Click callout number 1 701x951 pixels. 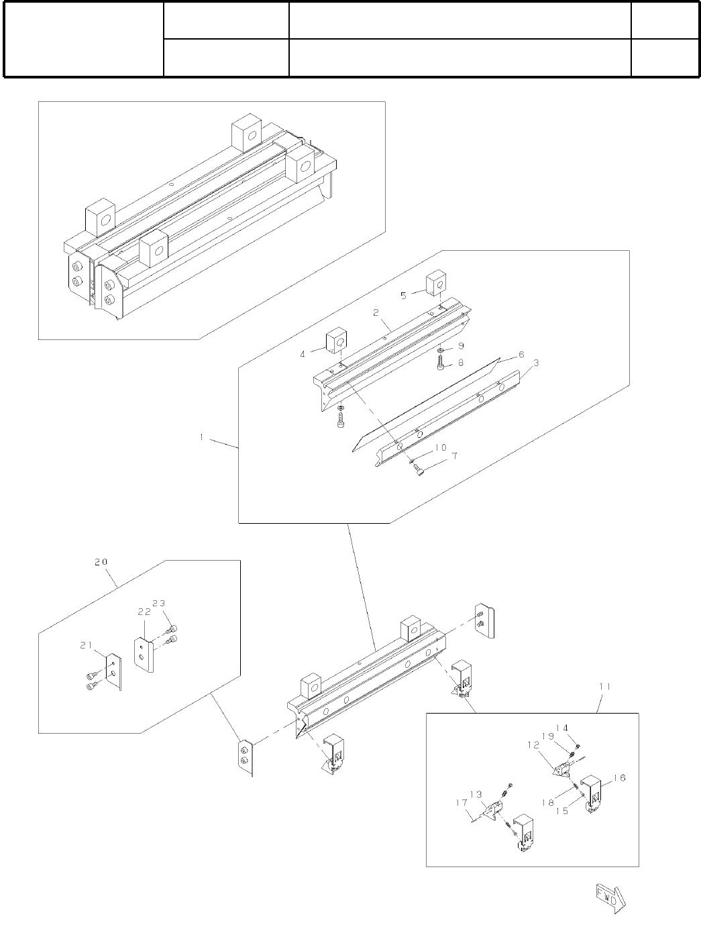click(201, 437)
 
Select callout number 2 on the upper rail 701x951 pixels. click(376, 313)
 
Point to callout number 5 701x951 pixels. click(403, 295)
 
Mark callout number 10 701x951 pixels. click(440, 447)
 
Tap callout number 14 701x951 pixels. click(562, 728)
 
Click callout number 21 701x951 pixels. click(86, 645)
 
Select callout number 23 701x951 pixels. click(159, 603)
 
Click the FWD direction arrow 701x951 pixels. click(608, 897)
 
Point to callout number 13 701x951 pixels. click(476, 795)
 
